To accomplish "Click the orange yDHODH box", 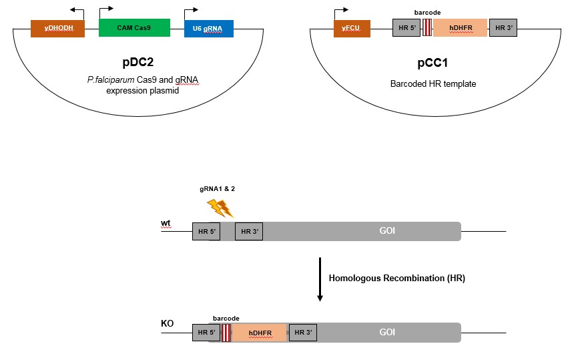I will click(x=57, y=28).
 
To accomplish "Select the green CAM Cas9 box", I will click(x=134, y=27).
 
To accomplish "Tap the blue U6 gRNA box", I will click(x=209, y=28).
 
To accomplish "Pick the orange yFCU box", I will click(x=352, y=28).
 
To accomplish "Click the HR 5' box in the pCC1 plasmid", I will click(x=406, y=28).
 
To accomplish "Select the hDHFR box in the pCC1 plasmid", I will click(x=461, y=28).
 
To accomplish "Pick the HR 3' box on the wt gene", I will click(x=249, y=232).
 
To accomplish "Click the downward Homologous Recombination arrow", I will click(x=320, y=279).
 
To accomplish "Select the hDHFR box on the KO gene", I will click(x=259, y=332).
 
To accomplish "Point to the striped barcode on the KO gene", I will click(x=226, y=332).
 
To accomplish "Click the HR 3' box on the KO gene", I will click(x=302, y=332).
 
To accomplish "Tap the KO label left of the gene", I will click(x=168, y=324).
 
